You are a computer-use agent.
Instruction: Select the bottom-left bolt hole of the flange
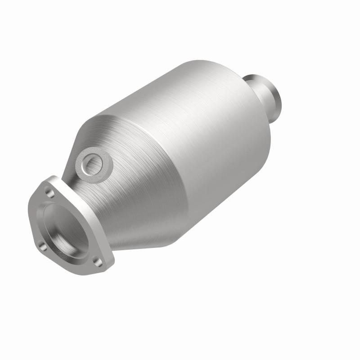coord(41,245)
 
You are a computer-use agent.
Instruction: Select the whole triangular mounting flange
coord(67,225)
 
